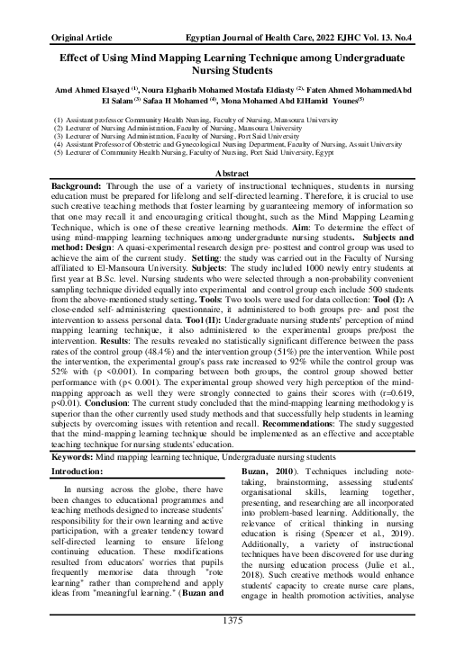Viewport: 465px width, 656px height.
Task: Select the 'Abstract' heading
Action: [232, 171]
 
